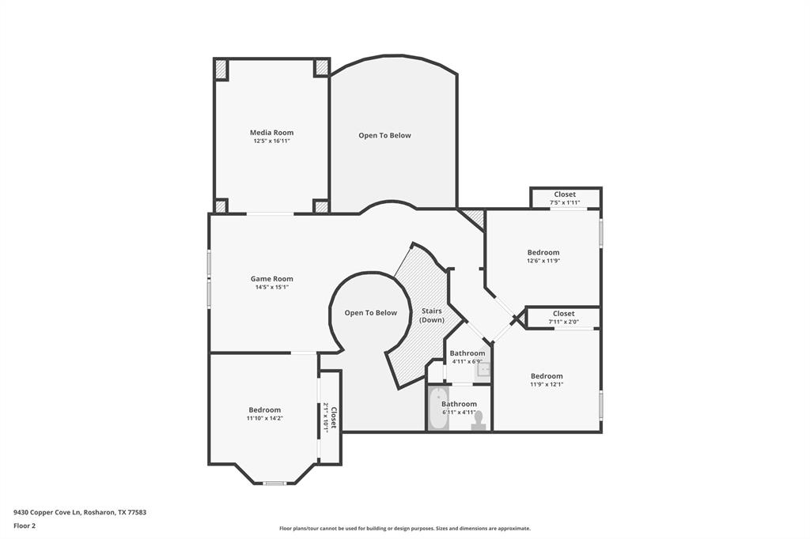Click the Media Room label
(272, 133)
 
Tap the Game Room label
(272, 279)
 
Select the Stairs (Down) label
(431, 315)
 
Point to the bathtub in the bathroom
(437, 409)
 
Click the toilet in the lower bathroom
(479, 420)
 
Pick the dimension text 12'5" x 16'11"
(272, 141)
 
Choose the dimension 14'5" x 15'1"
(272, 287)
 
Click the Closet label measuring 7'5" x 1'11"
(565, 194)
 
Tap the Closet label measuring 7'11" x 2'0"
(563, 314)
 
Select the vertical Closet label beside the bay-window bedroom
(334, 417)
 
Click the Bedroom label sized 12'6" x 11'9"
(543, 252)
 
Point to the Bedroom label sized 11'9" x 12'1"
(547, 376)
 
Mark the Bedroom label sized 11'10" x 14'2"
(264, 410)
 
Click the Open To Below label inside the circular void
(371, 313)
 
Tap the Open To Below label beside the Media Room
(385, 136)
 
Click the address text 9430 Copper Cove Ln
(47, 513)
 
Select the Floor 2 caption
(25, 526)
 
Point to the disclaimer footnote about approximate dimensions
(405, 529)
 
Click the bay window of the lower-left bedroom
(274, 484)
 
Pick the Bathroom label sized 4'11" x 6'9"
(467, 353)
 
